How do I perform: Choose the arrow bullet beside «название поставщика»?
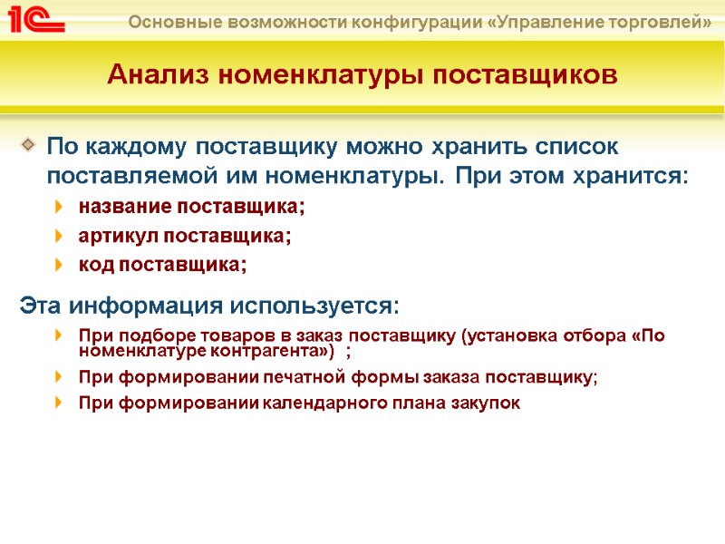[x=60, y=208]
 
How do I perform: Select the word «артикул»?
[x=118, y=237]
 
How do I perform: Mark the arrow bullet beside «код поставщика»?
[x=60, y=266]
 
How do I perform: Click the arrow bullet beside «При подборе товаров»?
[x=60, y=336]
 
